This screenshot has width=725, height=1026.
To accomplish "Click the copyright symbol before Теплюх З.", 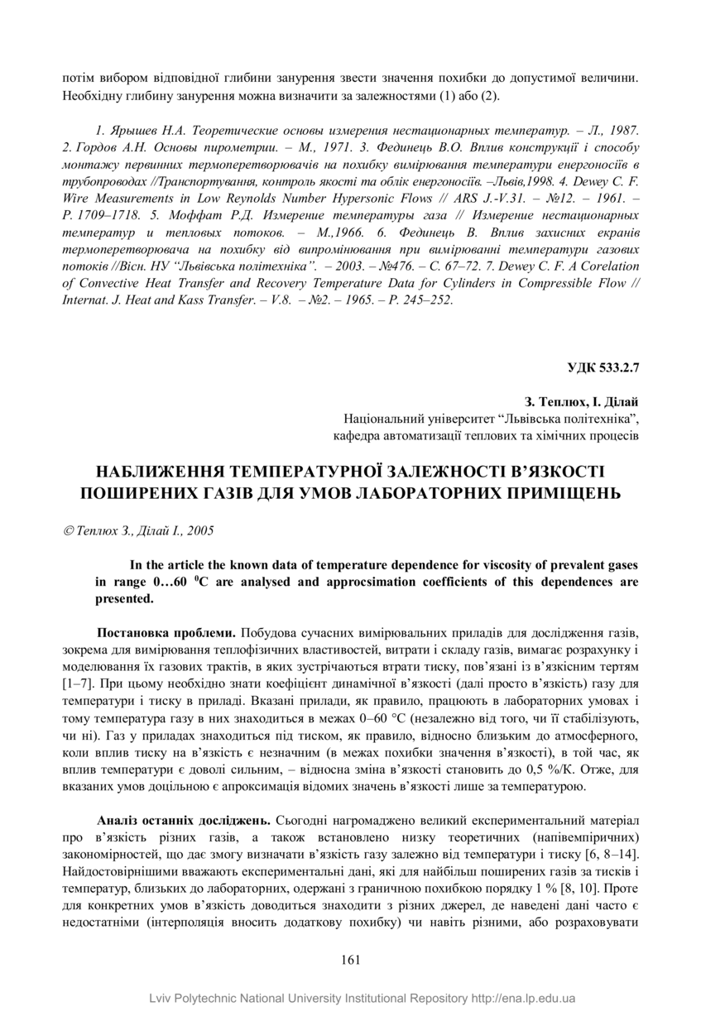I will coord(67,530).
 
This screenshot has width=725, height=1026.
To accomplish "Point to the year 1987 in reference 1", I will coord(623,131).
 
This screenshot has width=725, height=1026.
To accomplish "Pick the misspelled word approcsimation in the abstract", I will coord(422,581).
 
